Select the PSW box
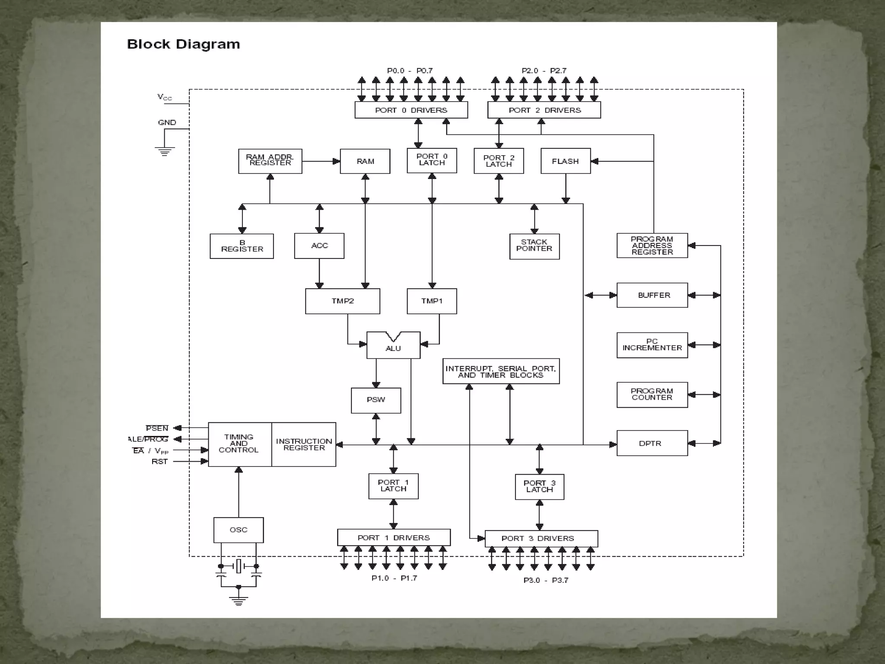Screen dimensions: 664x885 pyautogui.click(x=376, y=400)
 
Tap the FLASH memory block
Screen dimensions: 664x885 pyautogui.click(x=565, y=161)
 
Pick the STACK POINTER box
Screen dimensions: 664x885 pyautogui.click(x=534, y=246)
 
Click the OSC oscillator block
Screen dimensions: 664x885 pyautogui.click(x=239, y=530)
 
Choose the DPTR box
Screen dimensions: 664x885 pyautogui.click(x=652, y=443)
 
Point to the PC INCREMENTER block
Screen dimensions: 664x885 pyautogui.click(x=652, y=345)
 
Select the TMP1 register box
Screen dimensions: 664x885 pyautogui.click(x=432, y=301)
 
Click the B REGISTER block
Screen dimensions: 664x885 pyautogui.click(x=242, y=246)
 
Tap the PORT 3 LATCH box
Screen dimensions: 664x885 pyautogui.click(x=539, y=486)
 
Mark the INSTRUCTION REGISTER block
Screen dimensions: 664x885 pyautogui.click(x=304, y=444)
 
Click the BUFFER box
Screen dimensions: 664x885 pyautogui.click(x=652, y=295)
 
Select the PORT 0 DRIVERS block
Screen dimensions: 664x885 pyautogui.click(x=411, y=110)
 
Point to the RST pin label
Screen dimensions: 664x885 pyautogui.click(x=159, y=462)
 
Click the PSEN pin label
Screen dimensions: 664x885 pyautogui.click(x=157, y=428)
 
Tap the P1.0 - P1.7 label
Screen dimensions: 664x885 pyautogui.click(x=394, y=578)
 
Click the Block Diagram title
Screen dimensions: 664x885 pyautogui.click(x=183, y=44)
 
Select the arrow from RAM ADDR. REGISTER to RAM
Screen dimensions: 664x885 pyautogui.click(x=321, y=161)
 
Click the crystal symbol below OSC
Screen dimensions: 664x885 pyautogui.click(x=239, y=566)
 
